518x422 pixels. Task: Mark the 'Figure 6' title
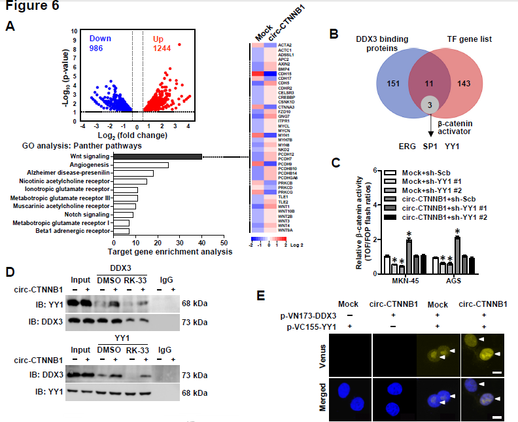tap(31, 7)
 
